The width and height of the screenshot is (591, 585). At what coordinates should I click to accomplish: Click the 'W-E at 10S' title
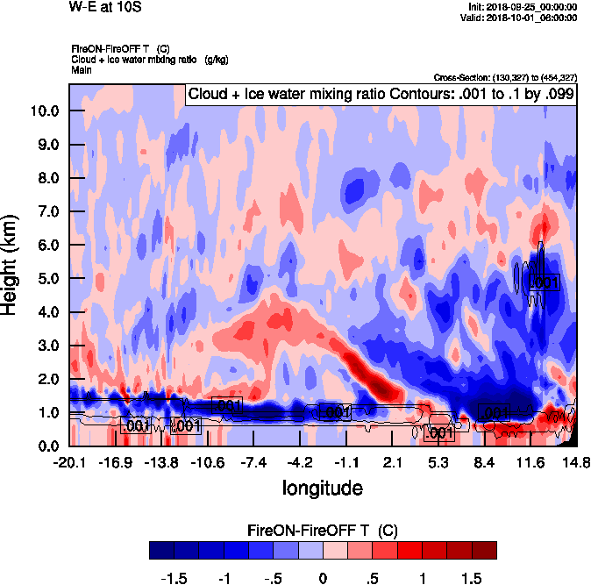[104, 8]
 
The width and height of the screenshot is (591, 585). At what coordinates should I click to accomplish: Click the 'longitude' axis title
[322, 486]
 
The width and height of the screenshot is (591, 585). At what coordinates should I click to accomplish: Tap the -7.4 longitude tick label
[253, 462]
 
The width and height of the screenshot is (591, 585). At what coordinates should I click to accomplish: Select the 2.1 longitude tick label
[393, 462]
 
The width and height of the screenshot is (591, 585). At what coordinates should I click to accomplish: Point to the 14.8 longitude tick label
[576, 462]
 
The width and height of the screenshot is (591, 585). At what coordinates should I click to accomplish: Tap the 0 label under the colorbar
[323, 578]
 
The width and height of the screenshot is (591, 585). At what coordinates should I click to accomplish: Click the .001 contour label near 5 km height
[545, 282]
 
